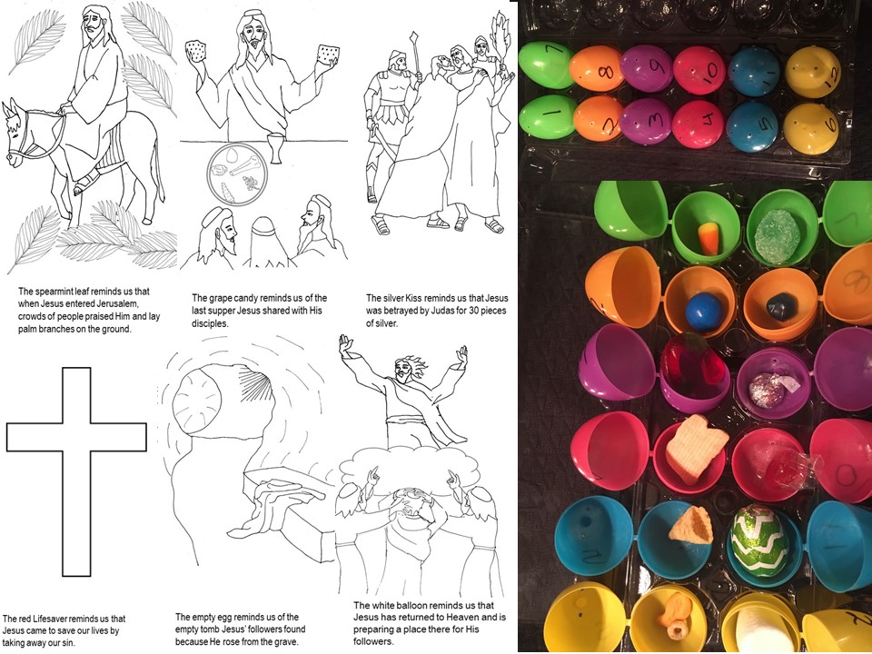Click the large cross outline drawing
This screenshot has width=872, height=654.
click(76, 471)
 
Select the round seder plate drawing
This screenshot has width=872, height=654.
click(237, 174)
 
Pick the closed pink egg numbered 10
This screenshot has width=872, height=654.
click(699, 70)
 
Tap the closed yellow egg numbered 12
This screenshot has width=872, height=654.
click(813, 72)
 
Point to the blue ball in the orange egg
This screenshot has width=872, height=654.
click(703, 312)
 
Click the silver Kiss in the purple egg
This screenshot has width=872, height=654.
click(767, 390)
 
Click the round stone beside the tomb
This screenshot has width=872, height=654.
click(196, 401)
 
